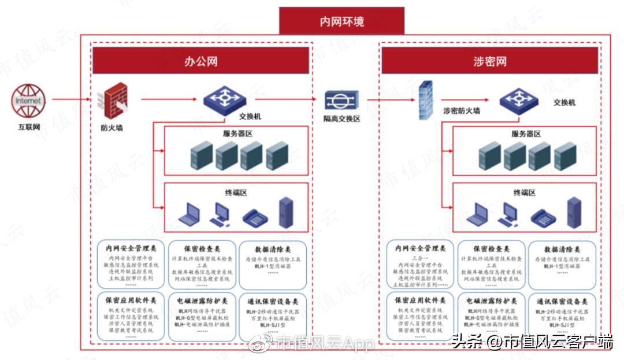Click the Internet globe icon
[28, 101]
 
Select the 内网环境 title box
[342, 22]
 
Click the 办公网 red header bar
[200, 61]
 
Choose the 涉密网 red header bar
[489, 61]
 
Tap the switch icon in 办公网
[224, 99]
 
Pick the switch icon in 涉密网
[518, 99]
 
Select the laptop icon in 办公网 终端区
[191, 215]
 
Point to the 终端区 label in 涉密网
[525, 192]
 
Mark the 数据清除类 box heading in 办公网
[273, 249]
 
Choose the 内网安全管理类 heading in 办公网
[130, 249]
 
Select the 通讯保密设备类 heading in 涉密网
[562, 301]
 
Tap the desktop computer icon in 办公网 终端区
[220, 214]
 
